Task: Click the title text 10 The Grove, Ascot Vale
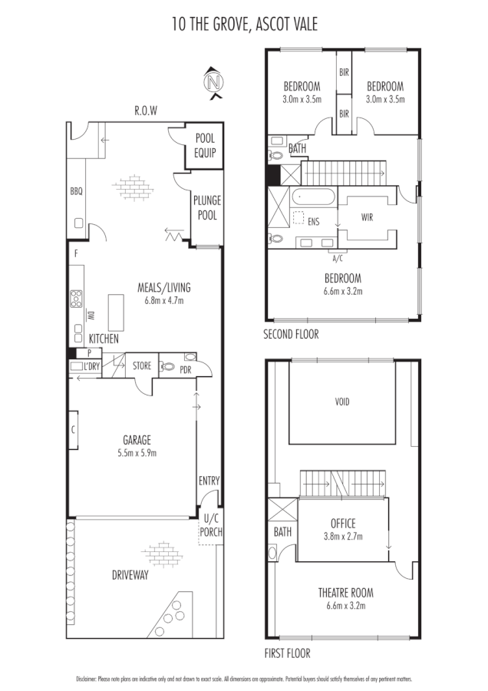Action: pos(244,25)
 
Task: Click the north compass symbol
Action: pos(215,82)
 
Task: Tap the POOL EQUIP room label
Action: pos(204,146)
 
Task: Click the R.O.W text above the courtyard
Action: pos(145,111)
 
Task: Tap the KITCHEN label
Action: pos(104,338)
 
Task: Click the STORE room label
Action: pos(141,366)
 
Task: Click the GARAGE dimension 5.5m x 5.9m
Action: pos(137,453)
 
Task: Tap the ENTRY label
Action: pos(209,481)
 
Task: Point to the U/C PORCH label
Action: pos(210,526)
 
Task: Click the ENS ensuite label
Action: pos(313,222)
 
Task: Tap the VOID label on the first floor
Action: pos(341,401)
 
